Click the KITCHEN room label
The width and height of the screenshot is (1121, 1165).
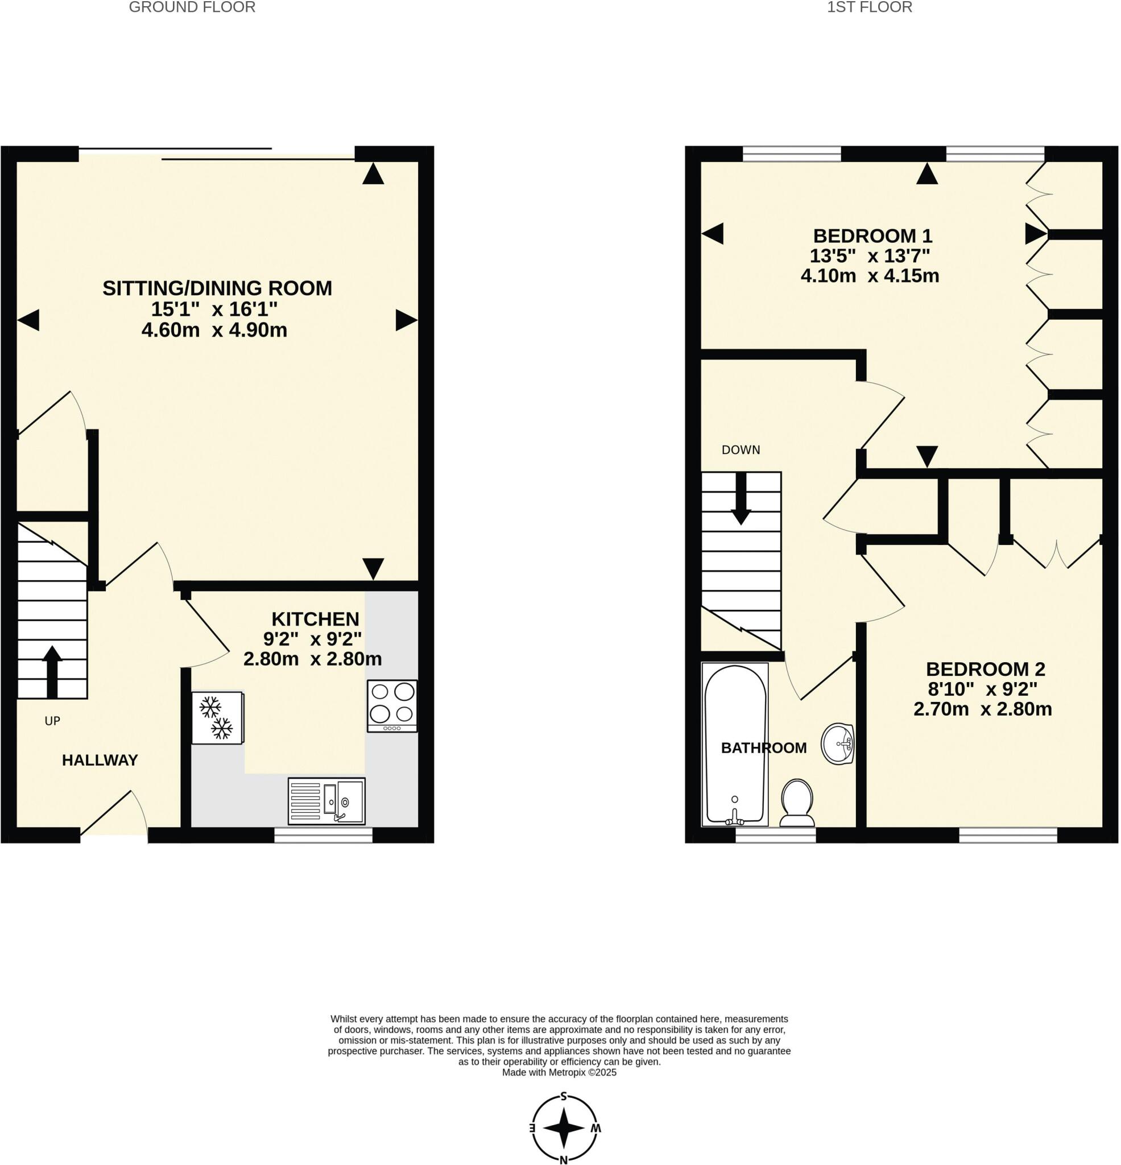pyautogui.click(x=315, y=619)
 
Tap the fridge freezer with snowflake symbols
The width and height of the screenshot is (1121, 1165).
pyautogui.click(x=217, y=717)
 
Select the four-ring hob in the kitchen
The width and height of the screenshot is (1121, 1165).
pyautogui.click(x=392, y=705)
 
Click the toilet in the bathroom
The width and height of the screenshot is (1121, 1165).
pyautogui.click(x=796, y=803)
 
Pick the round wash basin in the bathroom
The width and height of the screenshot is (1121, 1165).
pyautogui.click(x=838, y=743)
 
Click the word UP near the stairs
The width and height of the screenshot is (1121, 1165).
pyautogui.click(x=52, y=721)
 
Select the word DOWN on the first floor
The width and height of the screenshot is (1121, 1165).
pyautogui.click(x=741, y=450)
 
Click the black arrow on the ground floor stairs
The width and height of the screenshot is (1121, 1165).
pyautogui.click(x=52, y=671)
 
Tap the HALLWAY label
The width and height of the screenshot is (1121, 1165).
pyautogui.click(x=100, y=760)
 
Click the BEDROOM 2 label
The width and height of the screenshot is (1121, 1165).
pyautogui.click(x=985, y=670)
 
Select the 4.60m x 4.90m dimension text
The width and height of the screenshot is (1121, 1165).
pyautogui.click(x=214, y=330)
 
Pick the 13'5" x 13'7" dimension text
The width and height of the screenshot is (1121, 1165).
pyautogui.click(x=869, y=256)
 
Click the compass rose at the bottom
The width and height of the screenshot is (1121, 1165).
pyautogui.click(x=564, y=1127)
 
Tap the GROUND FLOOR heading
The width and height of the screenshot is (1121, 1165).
pyautogui.click(x=192, y=8)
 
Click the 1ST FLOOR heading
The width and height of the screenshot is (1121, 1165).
pyautogui.click(x=869, y=8)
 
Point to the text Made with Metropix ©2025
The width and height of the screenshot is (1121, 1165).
pyautogui.click(x=559, y=1073)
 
